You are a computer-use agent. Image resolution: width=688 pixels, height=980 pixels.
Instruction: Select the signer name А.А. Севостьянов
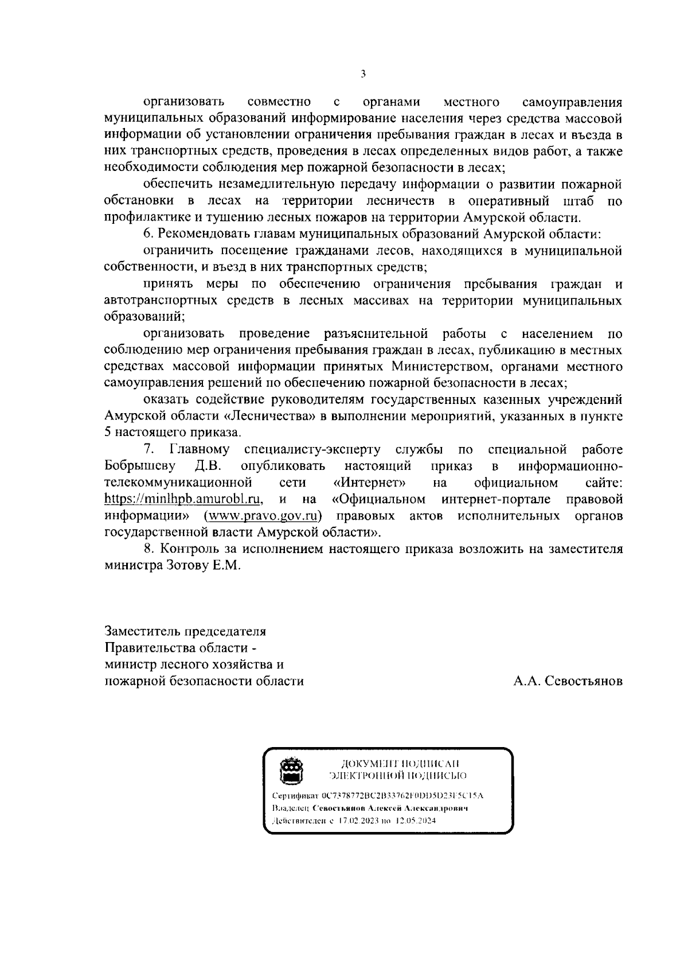tap(568, 681)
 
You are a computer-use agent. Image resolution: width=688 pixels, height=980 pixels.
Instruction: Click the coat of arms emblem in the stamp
tap(292, 769)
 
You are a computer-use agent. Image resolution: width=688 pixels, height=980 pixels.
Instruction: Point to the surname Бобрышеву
tap(140, 465)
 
